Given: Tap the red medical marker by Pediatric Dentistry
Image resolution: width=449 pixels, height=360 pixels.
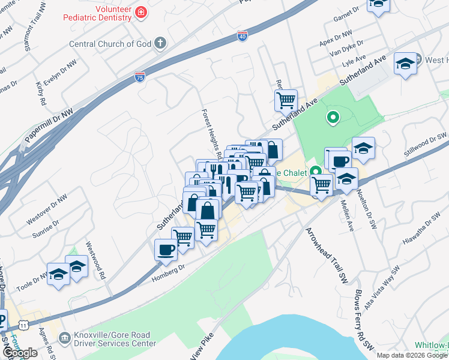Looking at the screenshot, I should click(x=140, y=12).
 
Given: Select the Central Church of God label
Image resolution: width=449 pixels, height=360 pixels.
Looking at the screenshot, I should click(x=110, y=44).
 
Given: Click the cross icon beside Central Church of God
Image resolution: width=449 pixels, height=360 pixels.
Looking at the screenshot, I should click(x=159, y=43).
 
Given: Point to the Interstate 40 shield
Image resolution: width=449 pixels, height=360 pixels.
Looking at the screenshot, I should click(x=243, y=37).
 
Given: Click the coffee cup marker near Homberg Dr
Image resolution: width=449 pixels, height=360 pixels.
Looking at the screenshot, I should click(x=166, y=250).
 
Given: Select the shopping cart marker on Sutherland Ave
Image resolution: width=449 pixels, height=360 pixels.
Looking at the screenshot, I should click(x=286, y=100).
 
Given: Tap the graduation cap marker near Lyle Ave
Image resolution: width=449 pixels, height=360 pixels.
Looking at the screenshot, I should click(x=405, y=64).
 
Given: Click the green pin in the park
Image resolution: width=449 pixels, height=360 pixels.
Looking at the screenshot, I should click(x=333, y=117).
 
